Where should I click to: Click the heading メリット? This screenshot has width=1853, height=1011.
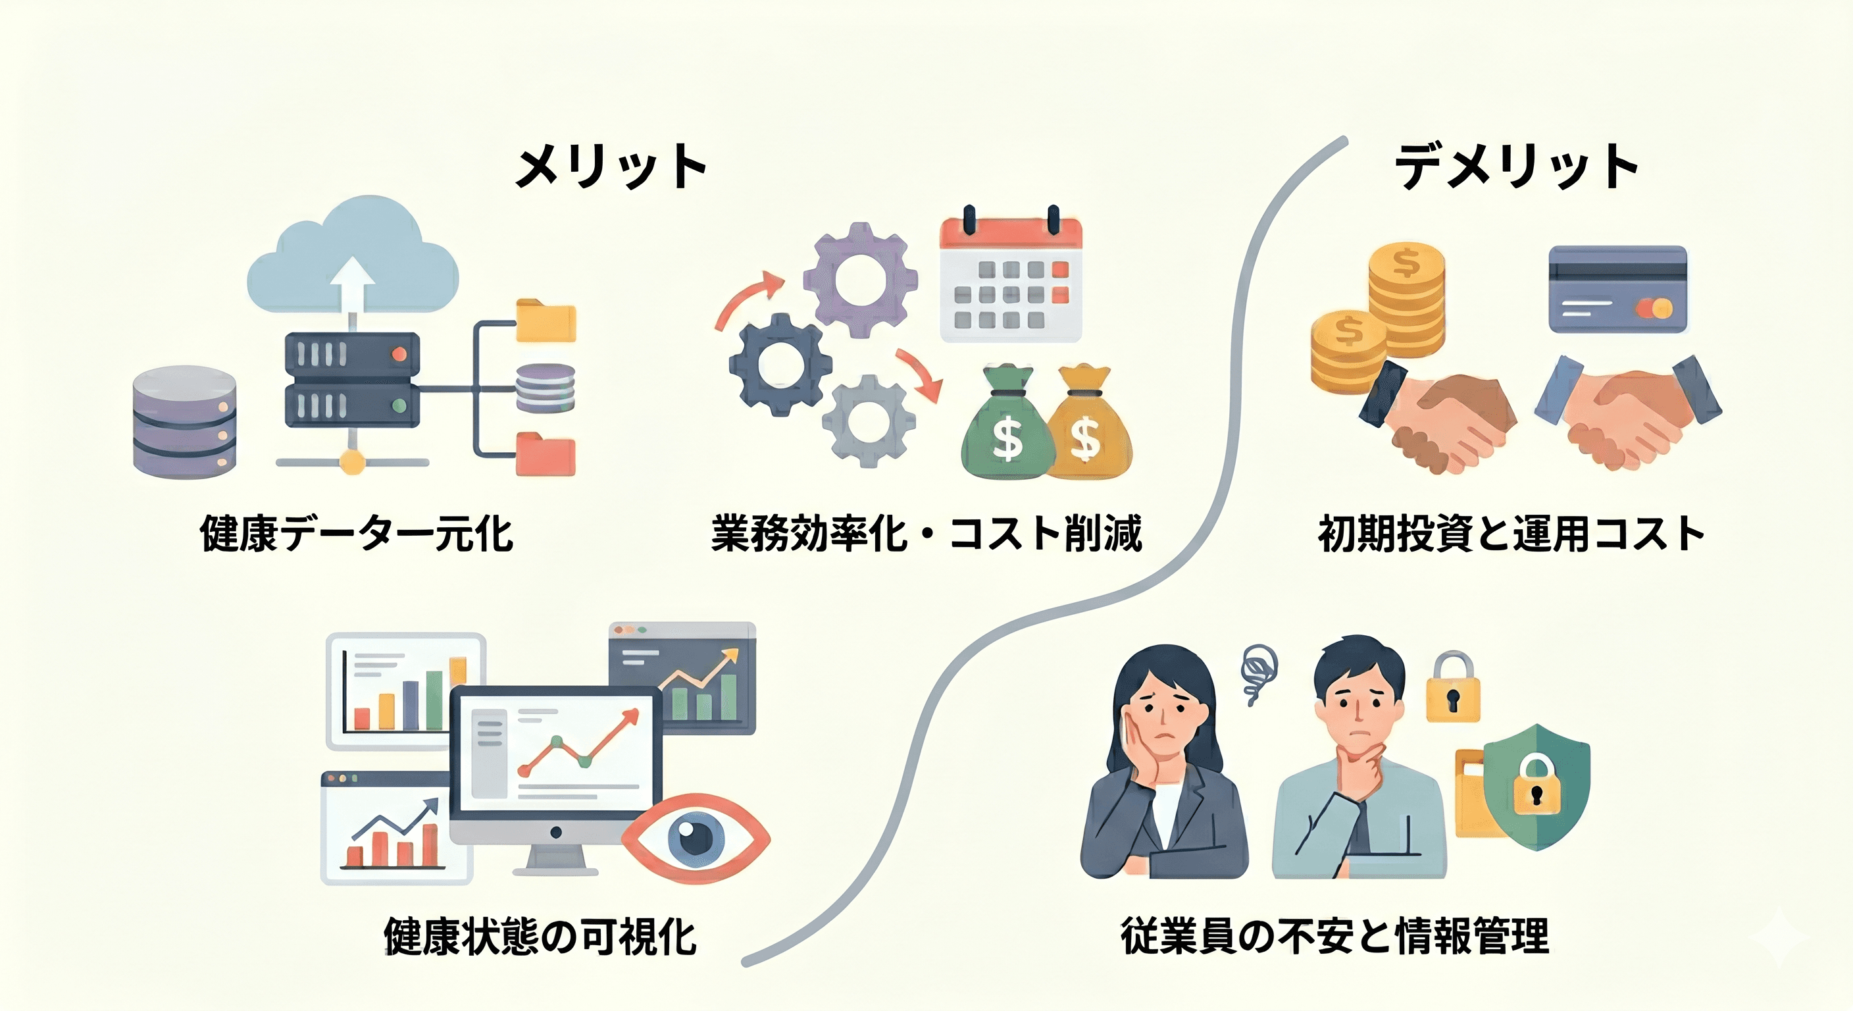point(611,167)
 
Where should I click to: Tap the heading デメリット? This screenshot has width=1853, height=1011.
point(1516,167)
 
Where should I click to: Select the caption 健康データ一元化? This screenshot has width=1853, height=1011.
point(356,533)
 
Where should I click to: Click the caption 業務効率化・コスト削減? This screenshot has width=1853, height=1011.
point(927,533)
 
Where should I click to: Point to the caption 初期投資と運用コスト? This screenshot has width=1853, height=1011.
point(1511,533)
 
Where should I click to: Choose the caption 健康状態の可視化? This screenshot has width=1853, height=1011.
point(540,935)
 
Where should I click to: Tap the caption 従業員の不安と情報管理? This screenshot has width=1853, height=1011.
point(1335,935)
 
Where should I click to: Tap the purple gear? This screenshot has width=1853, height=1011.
point(859,279)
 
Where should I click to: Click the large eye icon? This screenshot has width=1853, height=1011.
point(696,838)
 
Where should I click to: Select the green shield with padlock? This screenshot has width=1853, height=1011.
point(1537,787)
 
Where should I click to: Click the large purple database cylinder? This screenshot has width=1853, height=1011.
point(185,423)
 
